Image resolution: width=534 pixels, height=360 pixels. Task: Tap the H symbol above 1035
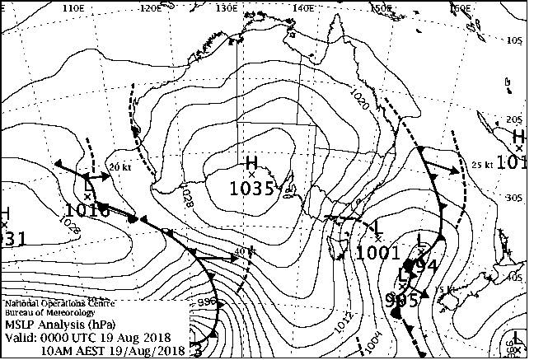coord(252,161)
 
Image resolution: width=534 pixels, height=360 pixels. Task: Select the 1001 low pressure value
coord(378,253)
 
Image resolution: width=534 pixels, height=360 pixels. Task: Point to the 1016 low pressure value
coord(87,211)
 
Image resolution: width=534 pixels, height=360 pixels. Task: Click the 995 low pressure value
coord(402,300)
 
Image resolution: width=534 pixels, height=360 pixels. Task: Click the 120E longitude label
coord(151,8)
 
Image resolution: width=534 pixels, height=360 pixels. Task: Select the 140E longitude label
coord(302,8)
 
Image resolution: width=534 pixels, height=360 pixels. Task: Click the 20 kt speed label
coord(120,166)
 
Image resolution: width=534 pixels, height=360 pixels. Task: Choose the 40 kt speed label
coord(241,251)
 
